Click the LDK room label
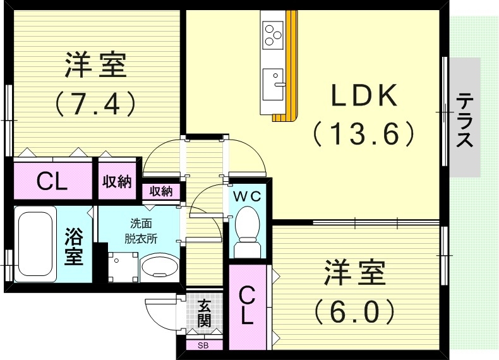364,97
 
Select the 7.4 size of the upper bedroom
95,102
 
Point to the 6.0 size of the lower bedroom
355,310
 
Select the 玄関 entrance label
204,313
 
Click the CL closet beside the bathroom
52,182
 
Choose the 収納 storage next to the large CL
117,182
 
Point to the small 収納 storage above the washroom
161,191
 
